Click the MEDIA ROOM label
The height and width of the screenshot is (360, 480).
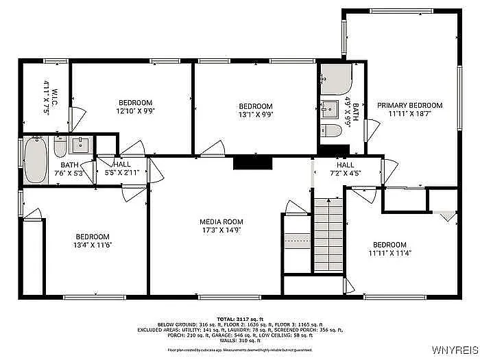click(221, 221)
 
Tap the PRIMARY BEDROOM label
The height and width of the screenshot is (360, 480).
click(410, 105)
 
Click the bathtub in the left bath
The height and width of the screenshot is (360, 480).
click(35, 160)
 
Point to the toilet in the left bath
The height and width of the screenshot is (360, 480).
click(60, 147)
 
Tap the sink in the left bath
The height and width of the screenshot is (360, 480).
click(81, 144)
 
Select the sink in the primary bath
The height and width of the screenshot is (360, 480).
click(329, 108)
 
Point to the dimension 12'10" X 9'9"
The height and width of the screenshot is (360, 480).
click(134, 110)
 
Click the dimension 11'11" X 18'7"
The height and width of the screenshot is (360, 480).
click(410, 114)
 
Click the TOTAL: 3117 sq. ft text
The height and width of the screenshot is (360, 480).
click(241, 320)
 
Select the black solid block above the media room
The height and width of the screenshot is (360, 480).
click(253, 162)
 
